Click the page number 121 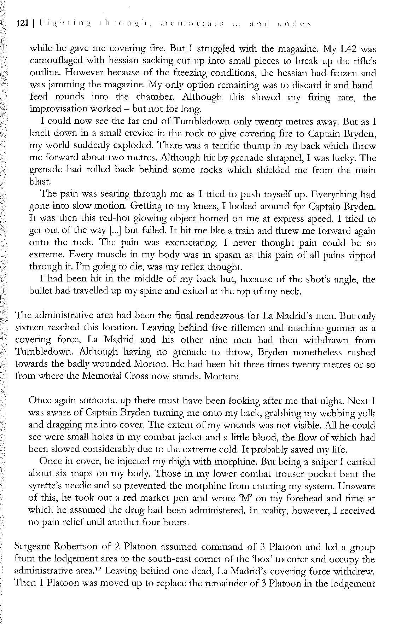point(22,24)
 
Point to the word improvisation point(58,109)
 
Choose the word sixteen point(31,328)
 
